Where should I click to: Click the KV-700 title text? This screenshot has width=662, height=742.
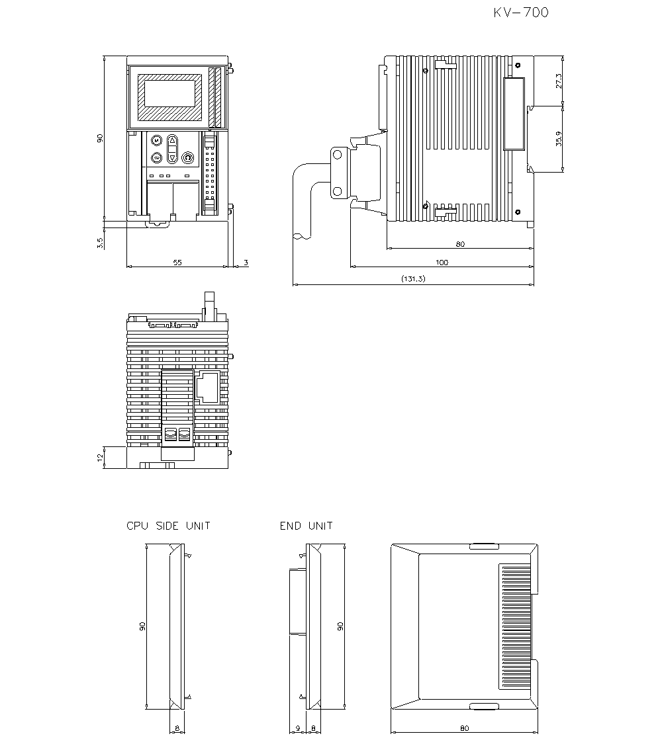pyautogui.click(x=521, y=13)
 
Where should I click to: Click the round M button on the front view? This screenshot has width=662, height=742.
pyautogui.click(x=156, y=141)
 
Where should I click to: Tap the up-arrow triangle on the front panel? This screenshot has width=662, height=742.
pyautogui.click(x=172, y=141)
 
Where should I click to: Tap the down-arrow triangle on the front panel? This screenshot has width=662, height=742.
pyautogui.click(x=172, y=157)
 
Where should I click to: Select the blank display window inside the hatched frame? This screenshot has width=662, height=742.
pyautogui.click(x=169, y=92)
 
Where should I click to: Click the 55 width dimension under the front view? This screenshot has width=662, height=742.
pyautogui.click(x=177, y=263)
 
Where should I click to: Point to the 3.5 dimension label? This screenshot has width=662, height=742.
pyautogui.click(x=100, y=243)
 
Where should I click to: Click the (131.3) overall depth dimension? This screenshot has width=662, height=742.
pyautogui.click(x=413, y=280)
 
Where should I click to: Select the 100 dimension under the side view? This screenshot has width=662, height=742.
pyautogui.click(x=442, y=263)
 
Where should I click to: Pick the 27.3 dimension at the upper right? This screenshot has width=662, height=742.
pyautogui.click(x=559, y=81)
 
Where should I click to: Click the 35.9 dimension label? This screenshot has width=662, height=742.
pyautogui.click(x=559, y=139)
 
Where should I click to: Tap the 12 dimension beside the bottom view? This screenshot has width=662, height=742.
pyautogui.click(x=100, y=458)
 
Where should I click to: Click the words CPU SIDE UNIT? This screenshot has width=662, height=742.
pyautogui.click(x=168, y=526)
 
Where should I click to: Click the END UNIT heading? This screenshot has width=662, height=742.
pyautogui.click(x=306, y=526)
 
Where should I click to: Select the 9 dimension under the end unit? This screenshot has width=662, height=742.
pyautogui.click(x=298, y=728)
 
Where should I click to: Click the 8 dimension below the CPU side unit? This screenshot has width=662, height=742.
pyautogui.click(x=177, y=728)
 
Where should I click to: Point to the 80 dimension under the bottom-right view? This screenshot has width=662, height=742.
pyautogui.click(x=464, y=728)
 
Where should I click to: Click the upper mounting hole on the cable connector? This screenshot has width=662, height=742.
pyautogui.click(x=338, y=155)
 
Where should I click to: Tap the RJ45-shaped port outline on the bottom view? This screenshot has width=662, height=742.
pyautogui.click(x=208, y=388)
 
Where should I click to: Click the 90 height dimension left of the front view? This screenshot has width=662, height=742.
pyautogui.click(x=100, y=138)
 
